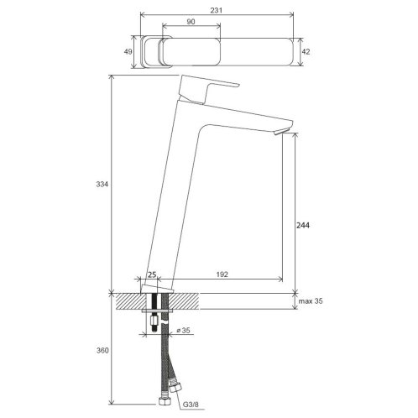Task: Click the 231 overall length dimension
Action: (x=217, y=10)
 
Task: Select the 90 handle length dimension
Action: (x=191, y=22)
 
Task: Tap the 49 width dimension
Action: (x=128, y=52)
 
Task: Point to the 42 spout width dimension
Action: (x=306, y=52)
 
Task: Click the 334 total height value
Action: (x=102, y=185)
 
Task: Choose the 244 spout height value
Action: (x=303, y=225)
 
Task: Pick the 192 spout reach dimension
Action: (x=222, y=274)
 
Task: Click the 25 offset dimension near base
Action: (x=152, y=274)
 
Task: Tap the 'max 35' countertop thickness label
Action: (x=311, y=301)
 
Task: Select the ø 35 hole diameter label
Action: (x=183, y=331)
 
